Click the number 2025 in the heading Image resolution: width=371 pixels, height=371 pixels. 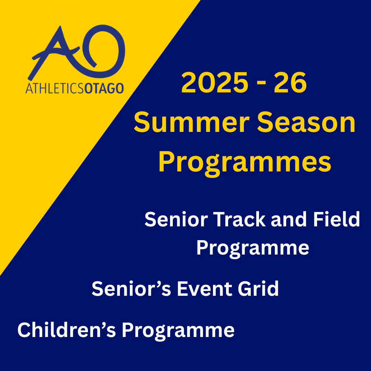point(215,83)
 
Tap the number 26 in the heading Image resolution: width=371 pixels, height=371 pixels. point(290,83)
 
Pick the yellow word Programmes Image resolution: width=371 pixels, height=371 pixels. point(245,164)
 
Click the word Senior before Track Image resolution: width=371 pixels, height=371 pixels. point(176,219)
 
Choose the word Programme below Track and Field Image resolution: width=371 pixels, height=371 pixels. point(253,249)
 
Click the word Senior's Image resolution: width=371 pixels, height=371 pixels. point(131,289)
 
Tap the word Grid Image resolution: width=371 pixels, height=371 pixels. point(258,289)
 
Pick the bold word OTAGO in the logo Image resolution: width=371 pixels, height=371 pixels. point(104,88)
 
